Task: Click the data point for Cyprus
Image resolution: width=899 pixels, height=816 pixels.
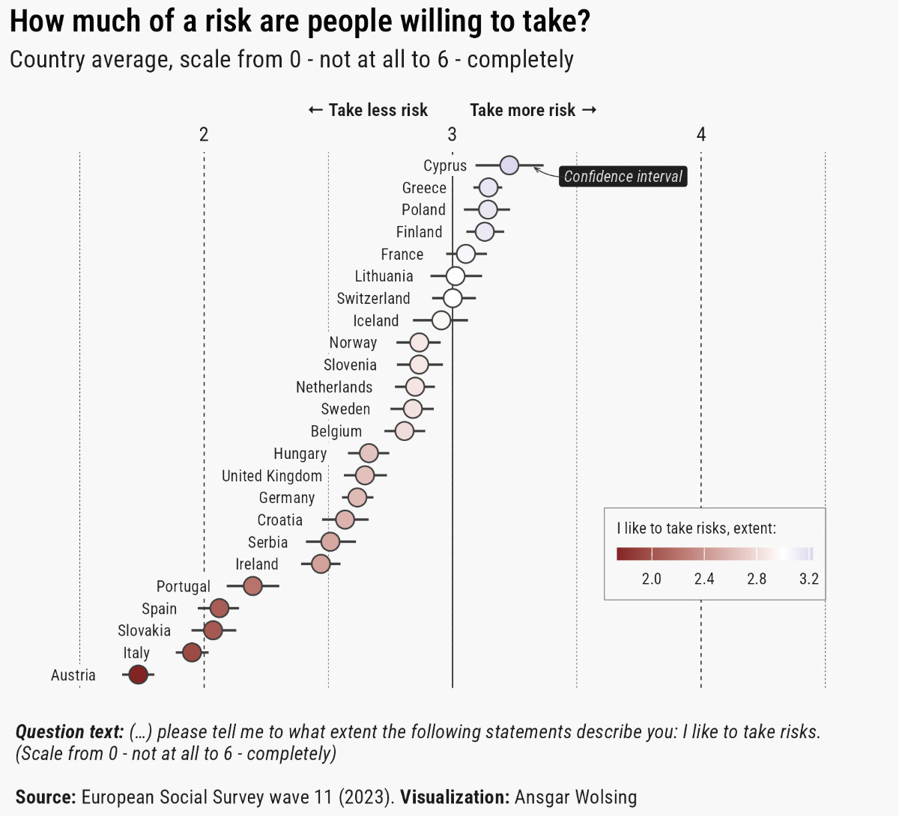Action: click(x=509, y=165)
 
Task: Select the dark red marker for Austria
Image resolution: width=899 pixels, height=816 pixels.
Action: click(x=138, y=675)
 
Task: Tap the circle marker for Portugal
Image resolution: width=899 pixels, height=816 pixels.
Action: click(x=252, y=586)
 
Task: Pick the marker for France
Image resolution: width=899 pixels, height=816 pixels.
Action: click(x=465, y=254)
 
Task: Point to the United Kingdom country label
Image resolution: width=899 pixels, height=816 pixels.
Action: click(x=272, y=476)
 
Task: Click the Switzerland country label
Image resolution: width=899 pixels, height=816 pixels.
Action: click(x=373, y=299)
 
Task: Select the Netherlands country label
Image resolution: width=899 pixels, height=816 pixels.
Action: click(x=334, y=387)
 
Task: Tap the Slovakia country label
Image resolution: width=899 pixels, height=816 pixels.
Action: click(x=144, y=631)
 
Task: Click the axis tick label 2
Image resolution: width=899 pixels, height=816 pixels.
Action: click(x=204, y=135)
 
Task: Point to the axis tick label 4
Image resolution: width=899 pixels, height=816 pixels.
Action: click(x=701, y=135)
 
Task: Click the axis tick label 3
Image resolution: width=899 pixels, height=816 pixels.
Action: click(x=452, y=135)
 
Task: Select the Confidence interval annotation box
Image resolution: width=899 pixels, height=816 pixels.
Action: click(x=623, y=177)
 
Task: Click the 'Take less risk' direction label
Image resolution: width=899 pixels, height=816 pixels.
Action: click(x=368, y=111)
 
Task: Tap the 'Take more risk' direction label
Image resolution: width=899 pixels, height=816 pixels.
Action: click(x=533, y=111)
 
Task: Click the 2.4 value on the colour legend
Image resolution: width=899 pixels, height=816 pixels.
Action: click(x=704, y=579)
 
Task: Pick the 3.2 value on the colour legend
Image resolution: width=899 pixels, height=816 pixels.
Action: click(x=809, y=579)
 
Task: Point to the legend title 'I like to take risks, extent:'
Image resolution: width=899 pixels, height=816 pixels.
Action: click(x=697, y=529)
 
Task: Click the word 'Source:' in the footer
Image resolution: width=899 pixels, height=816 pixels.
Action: click(x=46, y=797)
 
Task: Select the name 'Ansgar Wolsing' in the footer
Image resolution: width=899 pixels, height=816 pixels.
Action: click(x=575, y=797)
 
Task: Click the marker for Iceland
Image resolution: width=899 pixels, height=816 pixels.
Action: click(x=441, y=320)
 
